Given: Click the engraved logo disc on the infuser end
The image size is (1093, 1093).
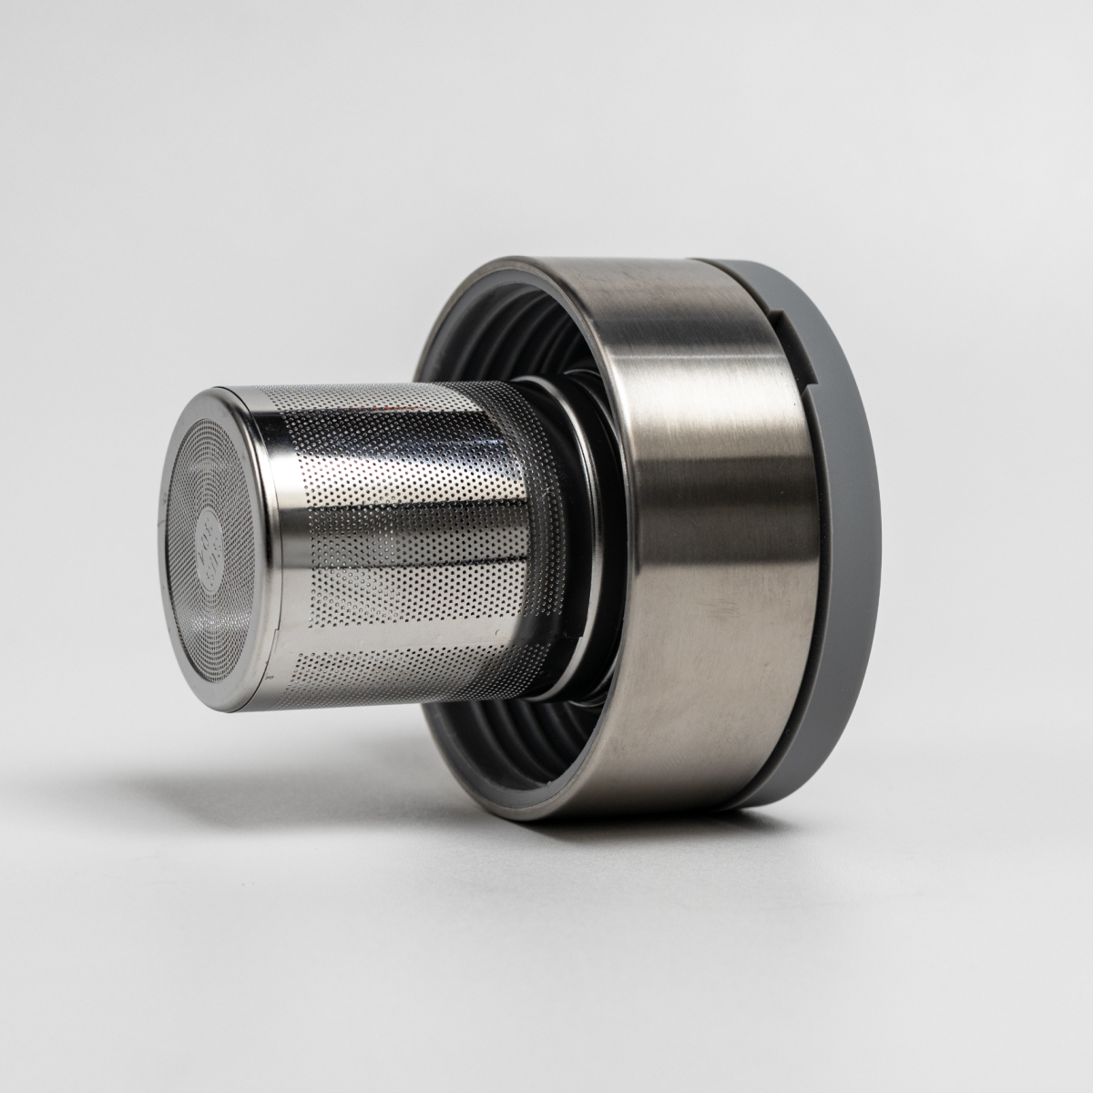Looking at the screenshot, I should tap(202, 536).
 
